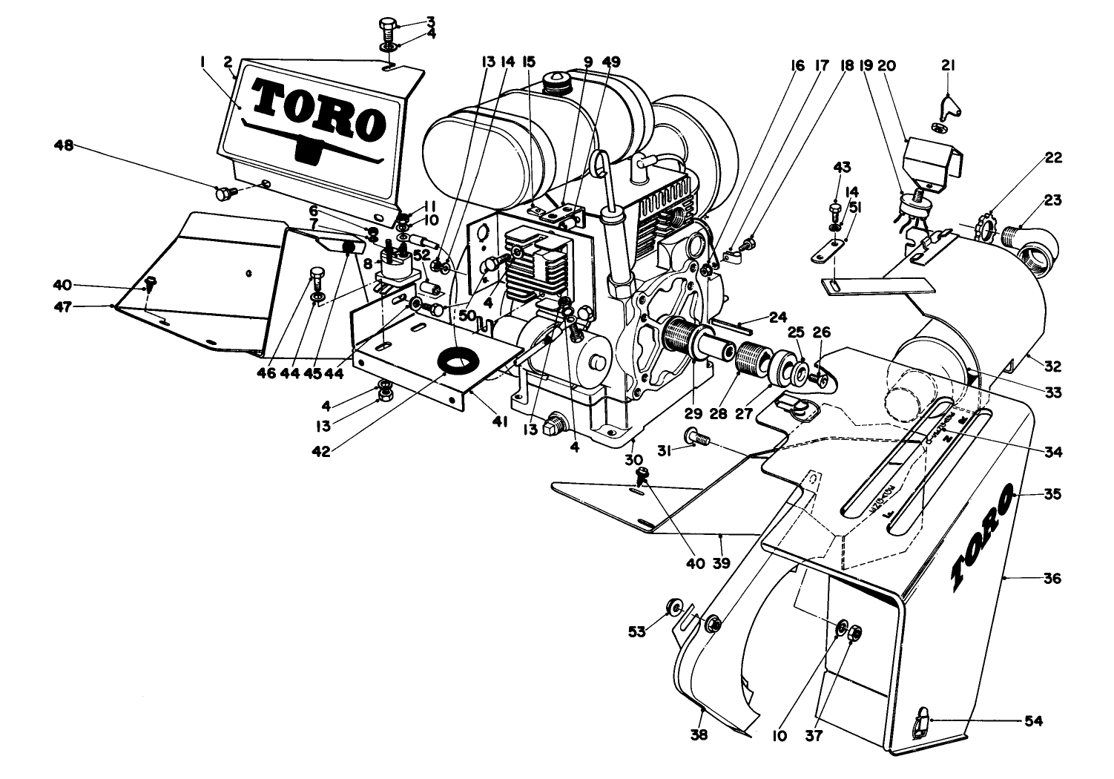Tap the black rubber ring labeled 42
(x=458, y=363)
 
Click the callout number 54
(x=1032, y=720)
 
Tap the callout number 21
(x=948, y=66)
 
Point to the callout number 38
(x=699, y=735)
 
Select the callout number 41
(x=500, y=421)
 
